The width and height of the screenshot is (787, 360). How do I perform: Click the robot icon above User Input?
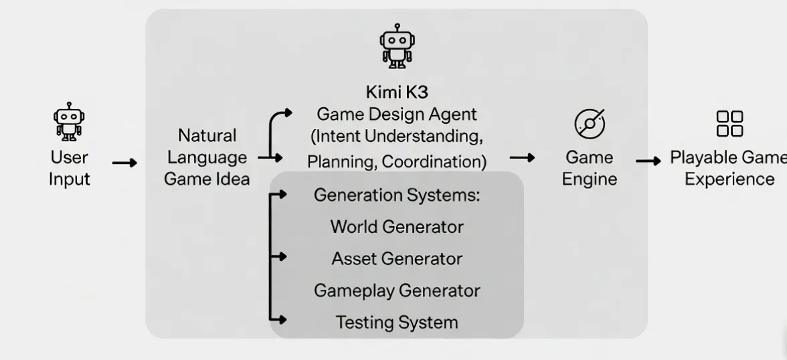[x=69, y=122]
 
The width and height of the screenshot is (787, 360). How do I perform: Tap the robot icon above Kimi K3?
[x=397, y=46]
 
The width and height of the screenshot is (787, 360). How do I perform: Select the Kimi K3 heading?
[x=397, y=92]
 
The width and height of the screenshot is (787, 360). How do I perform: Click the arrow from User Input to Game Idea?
[x=124, y=163]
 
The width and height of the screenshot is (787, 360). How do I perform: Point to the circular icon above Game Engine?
[x=590, y=123]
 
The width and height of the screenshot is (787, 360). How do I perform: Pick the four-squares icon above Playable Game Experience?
[x=729, y=124]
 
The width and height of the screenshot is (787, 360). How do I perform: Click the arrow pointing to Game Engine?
[x=522, y=158]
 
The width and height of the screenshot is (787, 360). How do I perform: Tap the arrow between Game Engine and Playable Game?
[x=648, y=161]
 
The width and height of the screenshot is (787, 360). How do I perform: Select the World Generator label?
[x=397, y=227]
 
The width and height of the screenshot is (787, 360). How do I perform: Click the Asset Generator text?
[x=397, y=258]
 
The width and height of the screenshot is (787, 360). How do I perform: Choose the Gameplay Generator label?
[x=397, y=290]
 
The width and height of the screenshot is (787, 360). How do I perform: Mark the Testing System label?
[x=397, y=323]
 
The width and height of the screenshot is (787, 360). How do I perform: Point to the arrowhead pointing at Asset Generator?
[x=282, y=256]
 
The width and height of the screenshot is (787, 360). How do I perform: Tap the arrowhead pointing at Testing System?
[x=282, y=319]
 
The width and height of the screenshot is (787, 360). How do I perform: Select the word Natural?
[x=207, y=136]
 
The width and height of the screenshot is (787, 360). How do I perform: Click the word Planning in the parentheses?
[x=342, y=162]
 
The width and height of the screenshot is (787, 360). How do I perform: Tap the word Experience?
[x=729, y=179]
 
